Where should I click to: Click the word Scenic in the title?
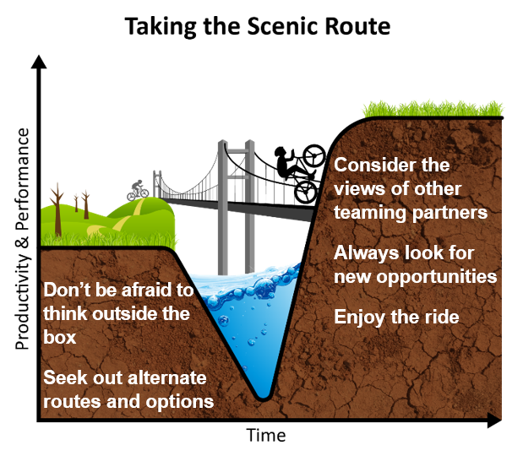click(x=284, y=26)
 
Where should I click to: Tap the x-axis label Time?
click(x=266, y=435)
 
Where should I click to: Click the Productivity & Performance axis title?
click(x=22, y=238)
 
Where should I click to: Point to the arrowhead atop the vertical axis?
click(x=39, y=62)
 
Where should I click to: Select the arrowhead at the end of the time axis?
click(x=494, y=420)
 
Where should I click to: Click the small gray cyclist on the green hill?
click(x=138, y=190)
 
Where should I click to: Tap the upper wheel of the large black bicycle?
click(x=313, y=155)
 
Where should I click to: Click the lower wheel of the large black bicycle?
click(x=307, y=192)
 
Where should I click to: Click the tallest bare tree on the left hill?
click(x=57, y=209)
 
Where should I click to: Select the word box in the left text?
click(x=60, y=337)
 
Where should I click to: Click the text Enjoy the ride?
click(x=396, y=317)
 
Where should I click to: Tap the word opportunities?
click(x=436, y=277)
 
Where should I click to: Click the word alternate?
click(x=167, y=378)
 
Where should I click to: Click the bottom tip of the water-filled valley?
click(x=263, y=399)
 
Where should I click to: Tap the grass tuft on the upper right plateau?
click(x=433, y=109)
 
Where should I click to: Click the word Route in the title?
click(x=357, y=26)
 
